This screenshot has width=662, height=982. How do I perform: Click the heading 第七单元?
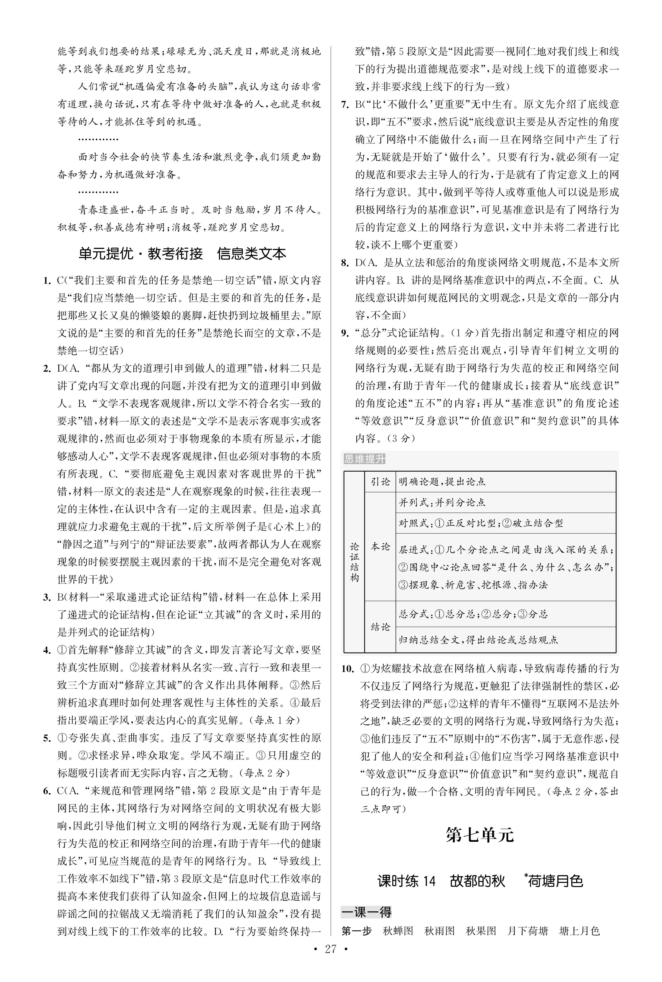point(480,835)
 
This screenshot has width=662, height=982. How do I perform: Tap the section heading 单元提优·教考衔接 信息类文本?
point(182,253)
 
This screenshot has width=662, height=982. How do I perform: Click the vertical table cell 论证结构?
point(354,562)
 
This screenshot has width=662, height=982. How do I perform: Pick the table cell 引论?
point(380,481)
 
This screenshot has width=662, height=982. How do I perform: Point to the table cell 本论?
point(380,547)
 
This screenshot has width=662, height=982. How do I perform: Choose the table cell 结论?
point(380,627)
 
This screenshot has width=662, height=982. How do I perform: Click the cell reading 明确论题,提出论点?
point(442,481)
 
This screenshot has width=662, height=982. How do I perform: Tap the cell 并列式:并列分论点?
point(442,502)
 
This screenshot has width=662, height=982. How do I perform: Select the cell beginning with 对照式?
point(481,523)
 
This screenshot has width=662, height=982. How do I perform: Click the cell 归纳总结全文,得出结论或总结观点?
point(478,640)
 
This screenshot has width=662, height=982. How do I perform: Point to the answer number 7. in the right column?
point(345,104)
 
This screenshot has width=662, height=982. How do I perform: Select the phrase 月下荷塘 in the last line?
point(527,930)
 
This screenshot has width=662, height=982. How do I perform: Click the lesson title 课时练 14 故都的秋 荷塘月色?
point(480,881)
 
